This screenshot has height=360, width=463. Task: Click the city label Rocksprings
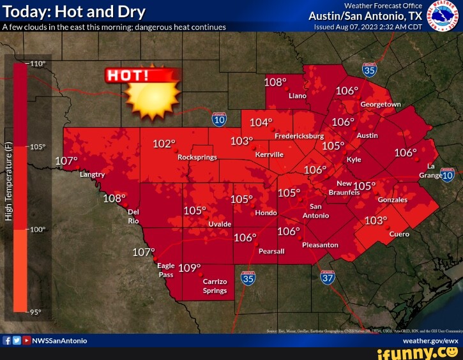[197, 157]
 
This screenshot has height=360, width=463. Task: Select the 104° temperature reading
[261, 123]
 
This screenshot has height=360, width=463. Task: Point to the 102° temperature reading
[164, 144]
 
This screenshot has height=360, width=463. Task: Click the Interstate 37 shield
[328, 277]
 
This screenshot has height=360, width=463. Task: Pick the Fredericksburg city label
[299, 137]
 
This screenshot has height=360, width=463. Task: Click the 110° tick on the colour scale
[38, 64]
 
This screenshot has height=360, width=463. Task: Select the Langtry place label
[92, 174]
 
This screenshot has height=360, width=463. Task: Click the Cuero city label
[399, 234]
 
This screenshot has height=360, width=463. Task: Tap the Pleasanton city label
[320, 245]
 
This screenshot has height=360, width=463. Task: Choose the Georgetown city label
[381, 104]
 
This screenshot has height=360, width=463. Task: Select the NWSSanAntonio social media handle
[59, 341]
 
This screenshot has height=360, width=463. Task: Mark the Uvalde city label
[220, 225]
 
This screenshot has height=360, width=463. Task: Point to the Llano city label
[298, 96]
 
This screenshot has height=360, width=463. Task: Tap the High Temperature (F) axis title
[9, 172]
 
